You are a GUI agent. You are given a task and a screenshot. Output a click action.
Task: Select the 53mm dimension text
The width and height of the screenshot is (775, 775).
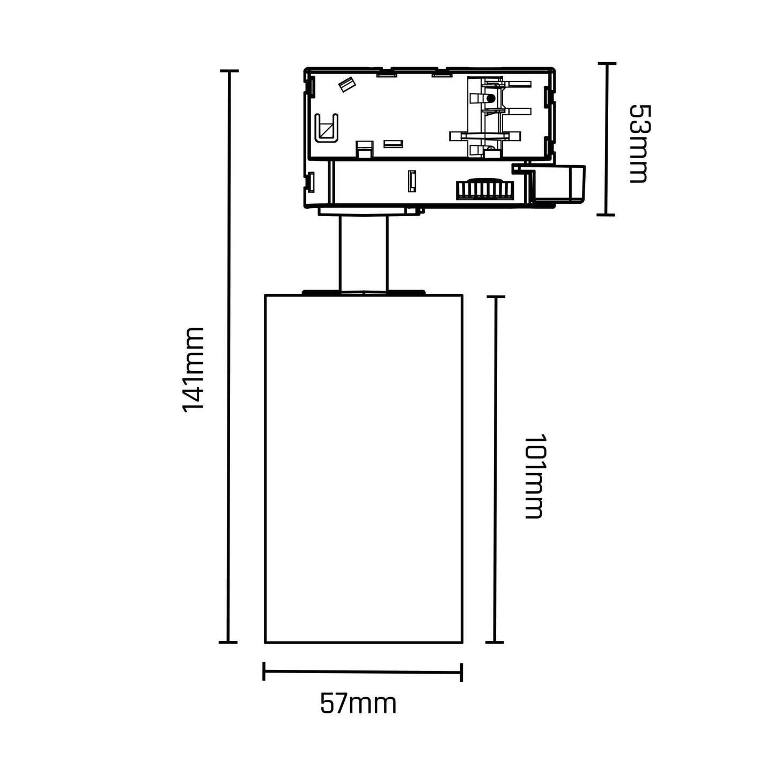(638, 144)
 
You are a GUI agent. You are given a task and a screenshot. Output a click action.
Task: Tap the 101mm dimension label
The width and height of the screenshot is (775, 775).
(534, 476)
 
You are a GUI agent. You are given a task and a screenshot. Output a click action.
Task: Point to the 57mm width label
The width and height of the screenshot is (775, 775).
(358, 704)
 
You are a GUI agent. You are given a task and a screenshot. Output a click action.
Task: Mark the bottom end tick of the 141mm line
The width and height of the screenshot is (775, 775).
(228, 642)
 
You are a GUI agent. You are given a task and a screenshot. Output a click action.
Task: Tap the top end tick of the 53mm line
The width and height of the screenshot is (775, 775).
(607, 63)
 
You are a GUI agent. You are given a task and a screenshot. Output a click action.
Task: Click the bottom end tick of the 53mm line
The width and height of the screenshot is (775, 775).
(606, 215)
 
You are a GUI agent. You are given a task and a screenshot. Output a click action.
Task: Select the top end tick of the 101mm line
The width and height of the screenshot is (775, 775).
(496, 297)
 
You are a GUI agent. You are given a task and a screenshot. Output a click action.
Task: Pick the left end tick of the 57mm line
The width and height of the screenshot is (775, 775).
(264, 671)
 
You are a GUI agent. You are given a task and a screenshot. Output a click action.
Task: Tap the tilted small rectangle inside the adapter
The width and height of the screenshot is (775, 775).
(347, 85)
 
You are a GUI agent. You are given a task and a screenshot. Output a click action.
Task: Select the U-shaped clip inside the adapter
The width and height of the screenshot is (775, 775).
(326, 128)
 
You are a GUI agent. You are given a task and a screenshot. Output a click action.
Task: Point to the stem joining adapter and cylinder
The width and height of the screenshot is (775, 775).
(363, 252)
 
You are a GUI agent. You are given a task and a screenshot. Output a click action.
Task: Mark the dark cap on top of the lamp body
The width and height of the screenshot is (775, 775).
(363, 292)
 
